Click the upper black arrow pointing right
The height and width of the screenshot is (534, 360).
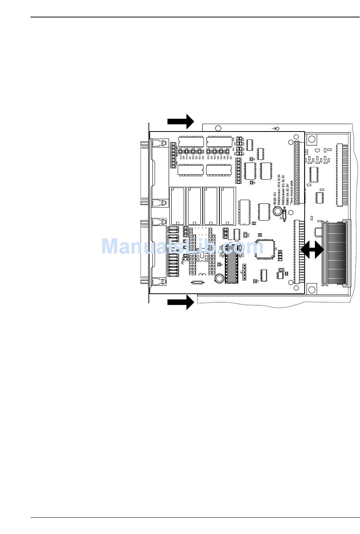181,121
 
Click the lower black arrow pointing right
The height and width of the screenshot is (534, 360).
181,302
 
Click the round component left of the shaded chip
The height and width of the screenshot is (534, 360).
219,279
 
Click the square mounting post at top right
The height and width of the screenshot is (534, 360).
311,139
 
